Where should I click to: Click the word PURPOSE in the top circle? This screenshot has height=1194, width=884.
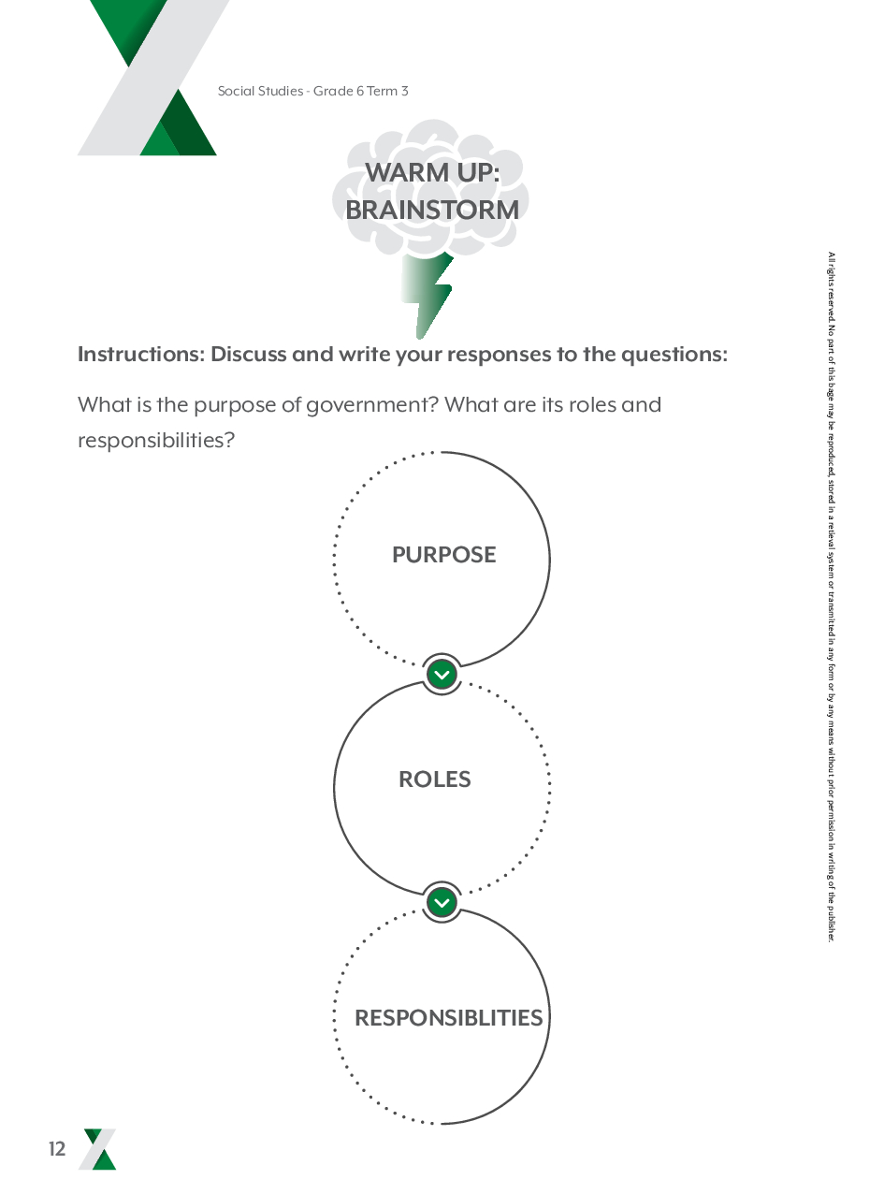(443, 555)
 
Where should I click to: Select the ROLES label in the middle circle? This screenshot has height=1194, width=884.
(434, 779)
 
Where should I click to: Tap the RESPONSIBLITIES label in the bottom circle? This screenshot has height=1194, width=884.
(448, 1018)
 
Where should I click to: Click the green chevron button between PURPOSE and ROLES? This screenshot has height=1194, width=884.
(442, 674)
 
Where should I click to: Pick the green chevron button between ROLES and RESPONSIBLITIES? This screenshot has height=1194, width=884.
(442, 902)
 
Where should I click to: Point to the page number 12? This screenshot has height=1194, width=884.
(58, 1150)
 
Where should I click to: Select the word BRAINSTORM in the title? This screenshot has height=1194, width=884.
(432, 211)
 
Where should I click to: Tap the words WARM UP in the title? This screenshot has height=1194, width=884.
(431, 173)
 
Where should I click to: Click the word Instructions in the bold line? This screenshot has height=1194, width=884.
(139, 355)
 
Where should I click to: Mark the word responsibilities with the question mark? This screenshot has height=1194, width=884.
(155, 440)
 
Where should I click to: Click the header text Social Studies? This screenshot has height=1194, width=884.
(259, 91)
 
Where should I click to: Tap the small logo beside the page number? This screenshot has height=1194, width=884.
(97, 1149)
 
